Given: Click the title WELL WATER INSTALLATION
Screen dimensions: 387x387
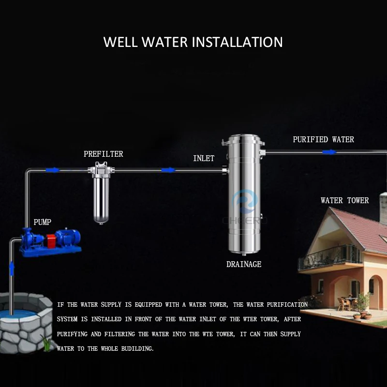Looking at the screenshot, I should (x=193, y=42).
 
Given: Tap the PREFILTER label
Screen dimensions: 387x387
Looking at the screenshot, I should (x=103, y=154).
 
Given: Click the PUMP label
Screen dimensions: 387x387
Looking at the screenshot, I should (x=42, y=223).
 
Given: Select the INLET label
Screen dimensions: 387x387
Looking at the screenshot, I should (x=204, y=159).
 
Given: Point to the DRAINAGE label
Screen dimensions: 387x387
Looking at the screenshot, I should (x=244, y=265).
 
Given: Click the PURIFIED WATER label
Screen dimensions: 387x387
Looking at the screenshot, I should (x=323, y=140).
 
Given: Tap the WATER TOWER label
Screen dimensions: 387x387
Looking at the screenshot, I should (x=344, y=201).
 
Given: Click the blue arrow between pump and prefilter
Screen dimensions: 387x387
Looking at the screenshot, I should (x=52, y=170).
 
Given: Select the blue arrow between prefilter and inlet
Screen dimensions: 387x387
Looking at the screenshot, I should (x=168, y=170).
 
